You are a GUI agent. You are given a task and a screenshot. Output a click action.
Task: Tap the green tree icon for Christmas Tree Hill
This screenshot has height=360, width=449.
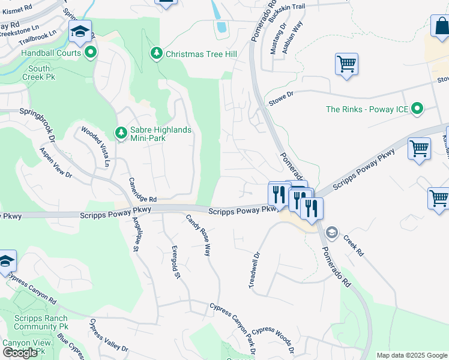157,54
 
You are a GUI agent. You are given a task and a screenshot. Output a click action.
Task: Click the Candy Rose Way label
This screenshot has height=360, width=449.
199,235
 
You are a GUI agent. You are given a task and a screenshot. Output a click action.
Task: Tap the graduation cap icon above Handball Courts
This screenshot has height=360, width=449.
79,33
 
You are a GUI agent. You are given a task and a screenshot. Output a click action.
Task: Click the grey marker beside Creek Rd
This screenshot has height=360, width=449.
331,232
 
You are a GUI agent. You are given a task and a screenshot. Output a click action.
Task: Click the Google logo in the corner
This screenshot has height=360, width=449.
20,353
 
